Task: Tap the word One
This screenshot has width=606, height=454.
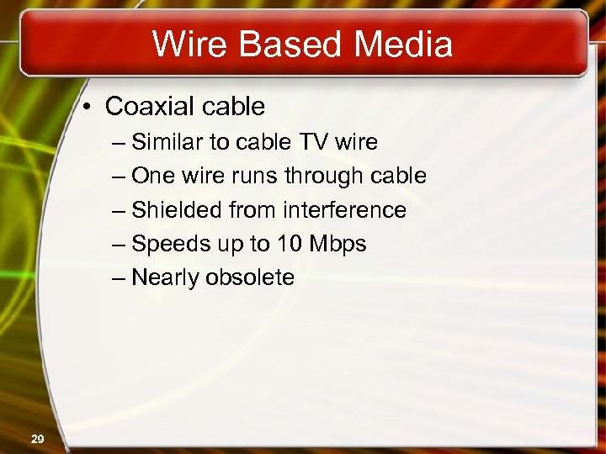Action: [152, 177]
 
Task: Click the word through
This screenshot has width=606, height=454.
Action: [323, 177]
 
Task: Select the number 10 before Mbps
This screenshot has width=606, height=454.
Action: [289, 244]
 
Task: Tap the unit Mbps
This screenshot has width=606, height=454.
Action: [338, 245]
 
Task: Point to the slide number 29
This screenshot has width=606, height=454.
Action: [37, 439]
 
